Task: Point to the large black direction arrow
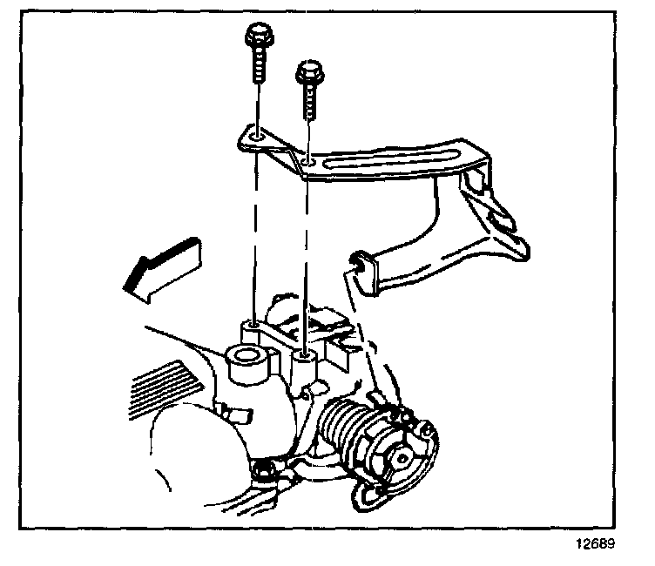point(161,266)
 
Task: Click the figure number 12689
point(596,546)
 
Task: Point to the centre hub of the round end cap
point(403,455)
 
